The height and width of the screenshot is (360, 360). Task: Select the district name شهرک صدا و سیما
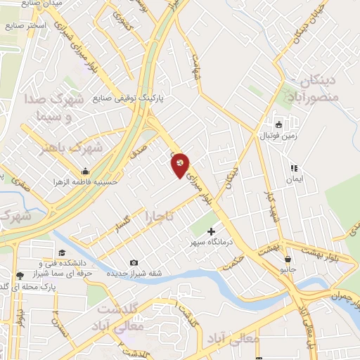49,105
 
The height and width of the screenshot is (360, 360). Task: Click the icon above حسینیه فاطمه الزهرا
86,171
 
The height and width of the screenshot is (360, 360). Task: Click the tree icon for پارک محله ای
20,276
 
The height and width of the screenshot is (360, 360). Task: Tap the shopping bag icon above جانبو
288,259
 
